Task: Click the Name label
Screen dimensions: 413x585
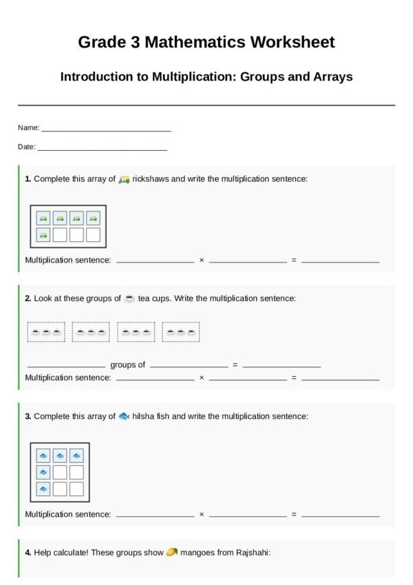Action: pos(28,128)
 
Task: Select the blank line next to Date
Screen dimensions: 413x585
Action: pos(102,147)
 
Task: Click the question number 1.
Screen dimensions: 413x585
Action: pos(28,179)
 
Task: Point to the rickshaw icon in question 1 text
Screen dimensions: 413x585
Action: pos(124,179)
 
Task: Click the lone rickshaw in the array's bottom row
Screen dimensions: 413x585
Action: pos(43,235)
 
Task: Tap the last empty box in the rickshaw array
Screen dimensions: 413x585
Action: pos(93,235)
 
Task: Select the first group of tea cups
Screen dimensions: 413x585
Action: pos(46,332)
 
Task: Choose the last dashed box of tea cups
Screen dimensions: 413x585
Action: pos(181,332)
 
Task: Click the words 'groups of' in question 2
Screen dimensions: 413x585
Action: pos(127,365)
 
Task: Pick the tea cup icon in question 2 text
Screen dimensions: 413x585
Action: pos(129,298)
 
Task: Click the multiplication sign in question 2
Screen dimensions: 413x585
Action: pos(202,378)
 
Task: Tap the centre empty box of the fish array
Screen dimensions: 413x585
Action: pos(60,472)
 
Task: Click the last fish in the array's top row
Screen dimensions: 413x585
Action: pos(76,455)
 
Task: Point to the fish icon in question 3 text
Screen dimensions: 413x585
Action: pos(124,416)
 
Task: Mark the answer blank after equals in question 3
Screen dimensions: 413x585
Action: pos(340,514)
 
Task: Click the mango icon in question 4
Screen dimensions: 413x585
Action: pos(172,552)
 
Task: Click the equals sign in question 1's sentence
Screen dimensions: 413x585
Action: pos(294,260)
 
